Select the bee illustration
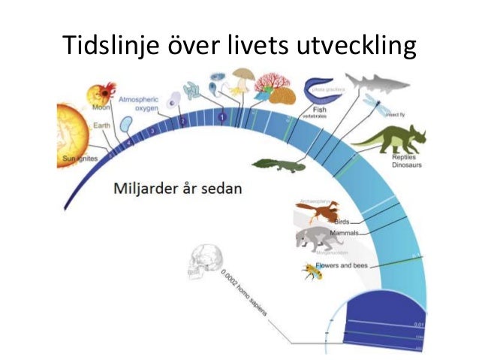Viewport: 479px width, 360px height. (309, 270)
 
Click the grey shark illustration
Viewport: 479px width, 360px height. (376, 83)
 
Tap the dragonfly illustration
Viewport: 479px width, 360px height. (373, 106)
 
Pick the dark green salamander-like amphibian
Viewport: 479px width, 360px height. (279, 163)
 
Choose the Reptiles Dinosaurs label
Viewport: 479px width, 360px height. (405, 161)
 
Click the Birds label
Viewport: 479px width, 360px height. (342, 222)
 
